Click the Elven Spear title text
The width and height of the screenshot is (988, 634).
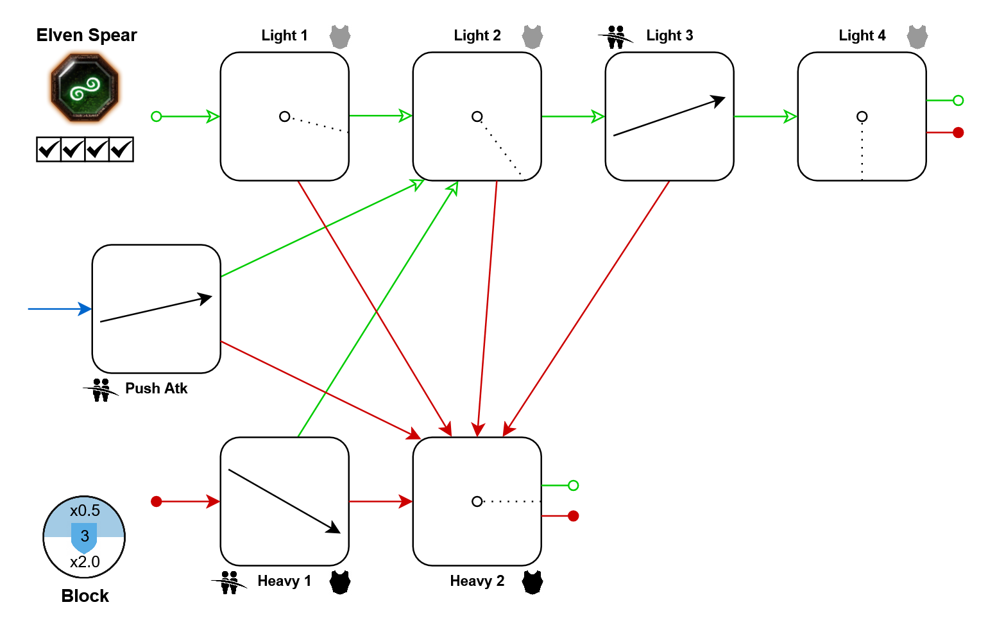tap(87, 35)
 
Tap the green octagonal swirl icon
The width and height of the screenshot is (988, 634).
tap(85, 88)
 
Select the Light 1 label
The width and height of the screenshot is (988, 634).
tap(284, 35)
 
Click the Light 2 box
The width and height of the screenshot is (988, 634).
tap(477, 116)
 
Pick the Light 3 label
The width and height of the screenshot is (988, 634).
tap(669, 35)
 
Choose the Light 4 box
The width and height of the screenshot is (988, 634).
tap(862, 116)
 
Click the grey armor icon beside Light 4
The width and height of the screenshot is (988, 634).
tap(917, 37)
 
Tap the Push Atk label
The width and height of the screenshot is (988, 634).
tap(156, 388)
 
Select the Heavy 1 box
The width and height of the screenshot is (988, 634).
tap(284, 501)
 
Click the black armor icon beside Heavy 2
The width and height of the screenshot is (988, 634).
tap(532, 582)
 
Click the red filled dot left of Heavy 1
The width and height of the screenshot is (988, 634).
tap(156, 501)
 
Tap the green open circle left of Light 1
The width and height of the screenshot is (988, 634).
tap(156, 116)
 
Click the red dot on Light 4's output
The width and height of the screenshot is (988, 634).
tap(958, 132)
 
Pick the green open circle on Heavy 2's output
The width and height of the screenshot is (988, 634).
tap(573, 485)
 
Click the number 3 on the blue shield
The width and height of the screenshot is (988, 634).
tap(85, 536)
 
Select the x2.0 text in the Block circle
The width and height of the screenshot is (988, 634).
tap(85, 562)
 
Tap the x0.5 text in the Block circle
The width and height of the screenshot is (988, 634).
tap(85, 511)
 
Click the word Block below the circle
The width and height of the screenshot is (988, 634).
tap(85, 596)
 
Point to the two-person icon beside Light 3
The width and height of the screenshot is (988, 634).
tap(616, 37)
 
